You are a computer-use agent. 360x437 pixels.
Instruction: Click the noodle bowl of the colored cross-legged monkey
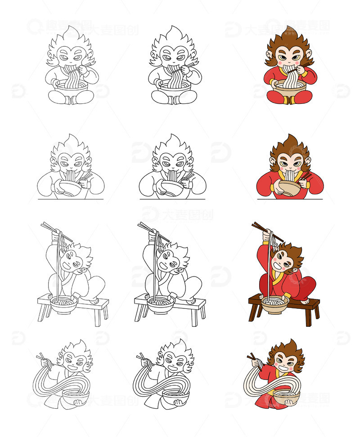[290, 87]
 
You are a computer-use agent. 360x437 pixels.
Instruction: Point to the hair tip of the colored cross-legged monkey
[288, 29]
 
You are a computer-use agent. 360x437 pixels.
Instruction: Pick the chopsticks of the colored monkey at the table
[306, 175]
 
